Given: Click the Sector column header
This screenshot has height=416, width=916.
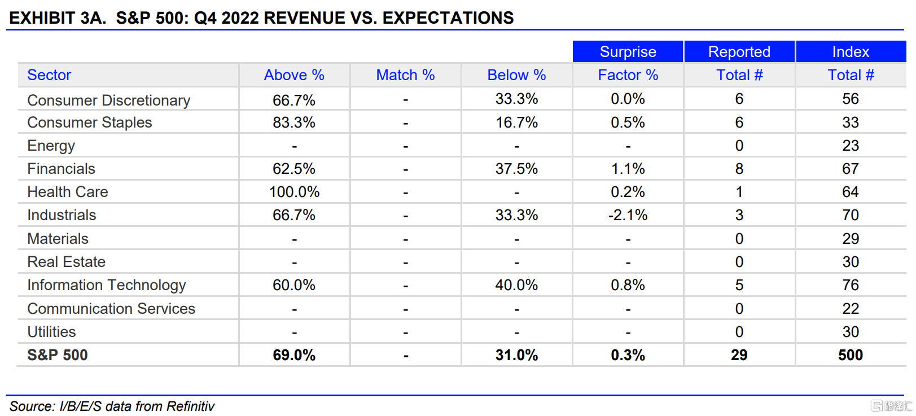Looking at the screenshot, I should [x=50, y=75].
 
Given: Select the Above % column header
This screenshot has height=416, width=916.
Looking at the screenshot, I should [x=294, y=75].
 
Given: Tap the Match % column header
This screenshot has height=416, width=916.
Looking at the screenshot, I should [x=405, y=75].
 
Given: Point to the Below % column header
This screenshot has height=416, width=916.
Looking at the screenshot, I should [x=516, y=75].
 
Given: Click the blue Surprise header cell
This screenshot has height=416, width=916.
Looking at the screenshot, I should [x=628, y=52].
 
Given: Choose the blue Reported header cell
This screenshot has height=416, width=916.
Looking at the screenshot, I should [x=739, y=52].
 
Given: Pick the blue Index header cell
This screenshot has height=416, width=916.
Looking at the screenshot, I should [x=851, y=52].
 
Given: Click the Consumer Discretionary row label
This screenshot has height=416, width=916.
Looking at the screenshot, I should [x=109, y=100].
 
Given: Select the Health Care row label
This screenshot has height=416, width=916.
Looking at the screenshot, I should [x=68, y=192].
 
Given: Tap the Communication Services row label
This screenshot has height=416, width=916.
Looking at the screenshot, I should [x=111, y=309].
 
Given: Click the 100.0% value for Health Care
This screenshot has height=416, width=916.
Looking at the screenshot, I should [x=294, y=192].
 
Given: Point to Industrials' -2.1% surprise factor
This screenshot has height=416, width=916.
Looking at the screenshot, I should [x=628, y=215].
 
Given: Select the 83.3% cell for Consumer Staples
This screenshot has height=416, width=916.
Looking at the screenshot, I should [x=294, y=122].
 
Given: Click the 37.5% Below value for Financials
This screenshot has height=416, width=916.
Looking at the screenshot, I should [x=516, y=169].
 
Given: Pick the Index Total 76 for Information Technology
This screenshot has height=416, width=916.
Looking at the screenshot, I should [x=851, y=285].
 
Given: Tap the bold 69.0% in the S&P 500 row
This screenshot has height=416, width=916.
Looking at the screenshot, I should [x=294, y=355].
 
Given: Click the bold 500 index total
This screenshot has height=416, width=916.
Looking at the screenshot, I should [x=851, y=355].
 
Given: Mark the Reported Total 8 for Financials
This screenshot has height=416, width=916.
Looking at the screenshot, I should [x=739, y=169].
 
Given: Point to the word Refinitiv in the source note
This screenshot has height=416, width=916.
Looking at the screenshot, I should [x=190, y=406].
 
